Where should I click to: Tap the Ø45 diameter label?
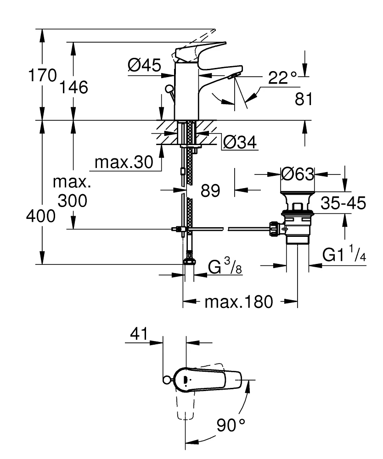144,67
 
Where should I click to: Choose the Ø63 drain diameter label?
297,174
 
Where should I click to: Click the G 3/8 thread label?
223,267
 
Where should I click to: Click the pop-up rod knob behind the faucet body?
169,89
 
